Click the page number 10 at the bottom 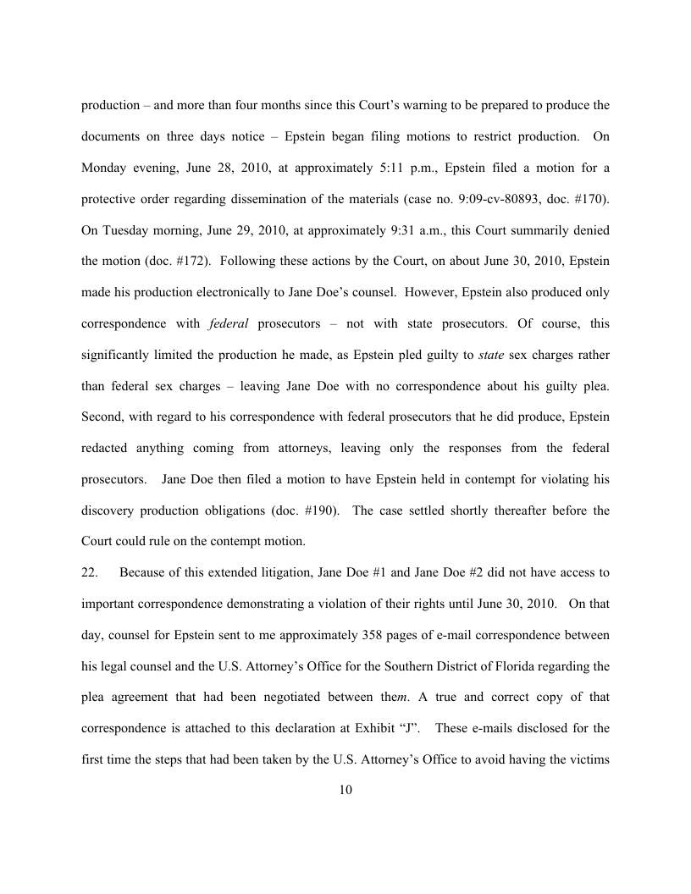tap(345, 790)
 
